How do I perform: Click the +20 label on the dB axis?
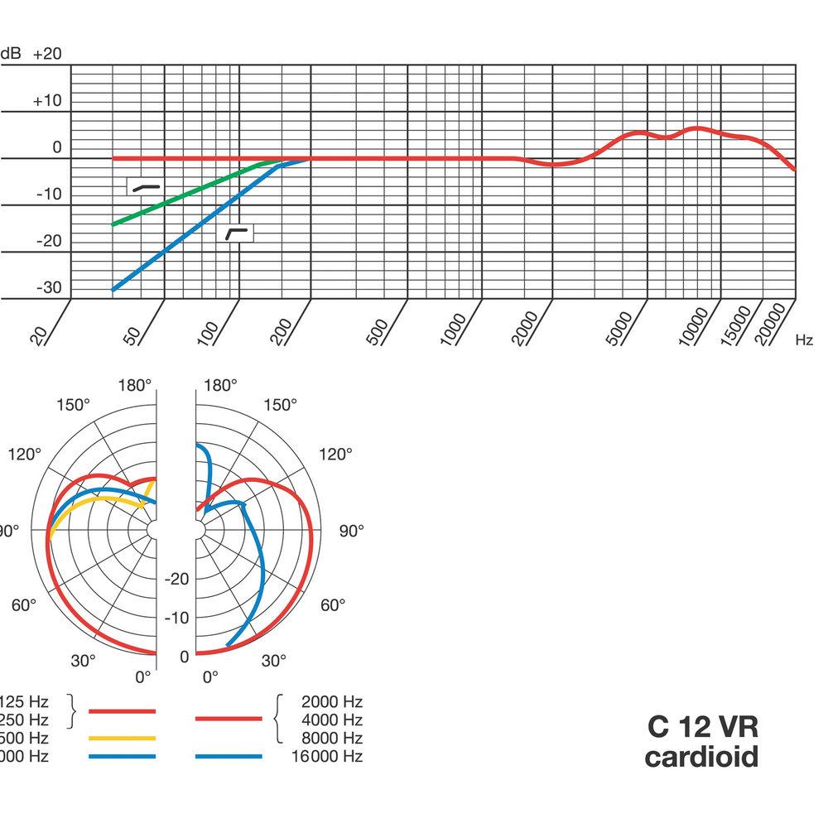click(x=47, y=54)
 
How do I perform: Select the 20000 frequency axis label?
click(x=772, y=323)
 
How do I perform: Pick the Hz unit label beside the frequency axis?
click(x=804, y=339)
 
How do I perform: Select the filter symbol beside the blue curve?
click(x=238, y=233)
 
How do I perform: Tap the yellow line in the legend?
click(x=122, y=737)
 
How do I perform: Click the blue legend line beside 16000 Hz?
click(x=229, y=756)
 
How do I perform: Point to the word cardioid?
click(x=700, y=756)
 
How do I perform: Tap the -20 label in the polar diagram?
click(x=178, y=579)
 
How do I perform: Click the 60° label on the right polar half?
click(x=332, y=605)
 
